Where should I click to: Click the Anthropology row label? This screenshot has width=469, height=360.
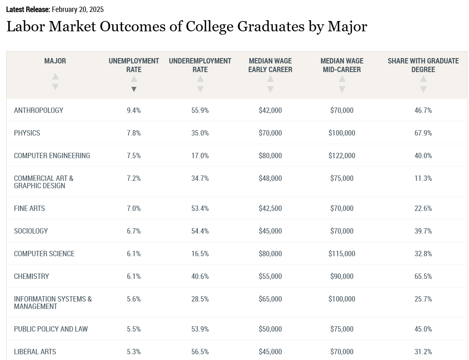click(39, 110)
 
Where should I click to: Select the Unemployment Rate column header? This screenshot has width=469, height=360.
click(134, 65)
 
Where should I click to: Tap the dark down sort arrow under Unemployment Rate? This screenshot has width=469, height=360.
click(134, 89)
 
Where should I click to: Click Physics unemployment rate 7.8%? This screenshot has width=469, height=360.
click(134, 133)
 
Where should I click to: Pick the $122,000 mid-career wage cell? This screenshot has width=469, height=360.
click(342, 156)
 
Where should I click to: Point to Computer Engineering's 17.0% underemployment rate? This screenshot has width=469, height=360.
click(200, 156)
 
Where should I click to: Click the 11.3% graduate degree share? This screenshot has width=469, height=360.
click(423, 178)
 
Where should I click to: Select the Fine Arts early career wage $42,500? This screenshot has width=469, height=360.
click(270, 208)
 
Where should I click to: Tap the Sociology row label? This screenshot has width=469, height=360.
click(31, 231)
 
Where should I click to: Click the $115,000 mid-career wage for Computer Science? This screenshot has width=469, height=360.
click(342, 254)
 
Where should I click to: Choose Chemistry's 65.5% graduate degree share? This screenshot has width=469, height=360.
click(423, 276)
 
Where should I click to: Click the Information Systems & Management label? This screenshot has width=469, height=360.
click(53, 303)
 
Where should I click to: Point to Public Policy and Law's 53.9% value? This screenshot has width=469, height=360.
click(200, 329)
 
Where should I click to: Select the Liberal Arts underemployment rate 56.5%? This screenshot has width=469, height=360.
click(200, 352)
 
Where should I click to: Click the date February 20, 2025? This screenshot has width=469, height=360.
click(77, 9)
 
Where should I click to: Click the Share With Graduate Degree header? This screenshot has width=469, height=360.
click(423, 65)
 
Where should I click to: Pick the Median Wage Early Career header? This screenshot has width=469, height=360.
click(270, 65)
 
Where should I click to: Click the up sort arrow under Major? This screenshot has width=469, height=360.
click(55, 77)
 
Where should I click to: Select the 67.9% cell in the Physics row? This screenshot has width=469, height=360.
click(423, 133)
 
